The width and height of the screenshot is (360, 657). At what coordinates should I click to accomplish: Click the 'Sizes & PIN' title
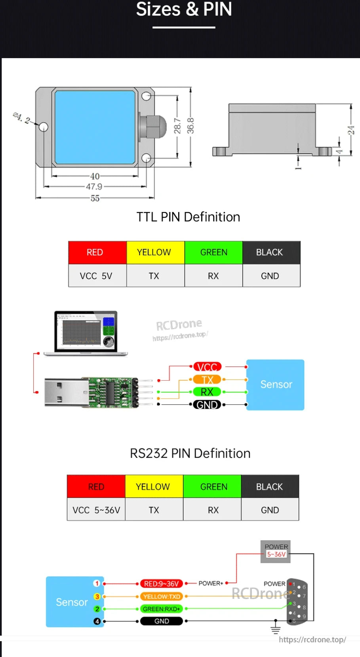184,9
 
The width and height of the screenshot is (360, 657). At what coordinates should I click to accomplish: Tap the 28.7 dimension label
177,126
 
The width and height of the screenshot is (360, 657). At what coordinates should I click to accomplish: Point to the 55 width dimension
95,198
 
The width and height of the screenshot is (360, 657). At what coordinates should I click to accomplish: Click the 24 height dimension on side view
351,130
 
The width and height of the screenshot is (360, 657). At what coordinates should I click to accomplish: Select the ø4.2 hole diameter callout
21,118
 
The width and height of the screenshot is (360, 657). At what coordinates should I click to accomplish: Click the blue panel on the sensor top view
95,127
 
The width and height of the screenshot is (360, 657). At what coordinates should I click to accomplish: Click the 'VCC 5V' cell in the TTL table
96,276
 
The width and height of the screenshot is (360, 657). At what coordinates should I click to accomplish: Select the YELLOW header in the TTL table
154,253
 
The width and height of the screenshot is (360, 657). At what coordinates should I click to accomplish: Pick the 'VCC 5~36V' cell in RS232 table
96,510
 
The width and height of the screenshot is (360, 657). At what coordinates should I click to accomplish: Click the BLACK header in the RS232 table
269,486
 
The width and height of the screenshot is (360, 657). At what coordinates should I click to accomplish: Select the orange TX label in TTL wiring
207,380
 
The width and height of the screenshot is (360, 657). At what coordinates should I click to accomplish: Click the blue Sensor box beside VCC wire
276,384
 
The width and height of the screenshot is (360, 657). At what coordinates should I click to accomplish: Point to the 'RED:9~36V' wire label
161,583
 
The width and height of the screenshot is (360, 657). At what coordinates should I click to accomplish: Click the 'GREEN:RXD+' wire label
161,609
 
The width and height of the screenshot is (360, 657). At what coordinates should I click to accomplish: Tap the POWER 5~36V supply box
276,551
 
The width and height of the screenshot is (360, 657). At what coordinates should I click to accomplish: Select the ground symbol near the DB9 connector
275,628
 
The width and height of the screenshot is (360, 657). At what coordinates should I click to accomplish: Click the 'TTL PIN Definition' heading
188,217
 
